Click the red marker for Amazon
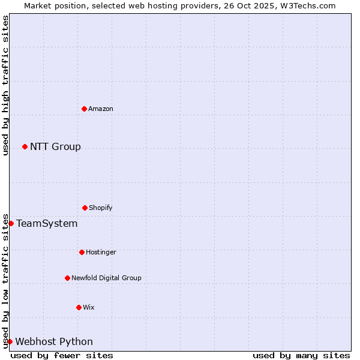[84, 109]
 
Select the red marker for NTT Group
[25, 146]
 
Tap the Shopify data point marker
[85, 208]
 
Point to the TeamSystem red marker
[11, 223]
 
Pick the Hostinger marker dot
[82, 252]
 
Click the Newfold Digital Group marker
[67, 278]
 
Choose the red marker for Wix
[79, 307]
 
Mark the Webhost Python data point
[10, 341]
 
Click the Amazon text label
[101, 109]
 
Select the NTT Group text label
[55, 146]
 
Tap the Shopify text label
[101, 208]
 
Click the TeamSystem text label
[47, 223]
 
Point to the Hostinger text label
[101, 252]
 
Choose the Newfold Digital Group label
[106, 278]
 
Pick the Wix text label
[89, 307]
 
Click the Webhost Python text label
[54, 341]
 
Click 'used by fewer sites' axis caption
[62, 355]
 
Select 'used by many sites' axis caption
[301, 355]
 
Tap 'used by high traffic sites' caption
[5, 85]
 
